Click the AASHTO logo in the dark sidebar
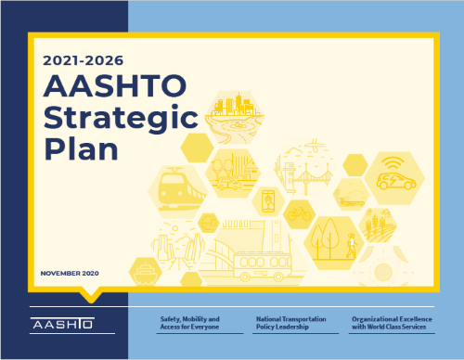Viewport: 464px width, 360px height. (57, 326)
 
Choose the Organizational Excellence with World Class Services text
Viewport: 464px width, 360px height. (393, 323)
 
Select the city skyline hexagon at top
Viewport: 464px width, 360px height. (233, 116)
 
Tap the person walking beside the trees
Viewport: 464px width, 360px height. (351, 246)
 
